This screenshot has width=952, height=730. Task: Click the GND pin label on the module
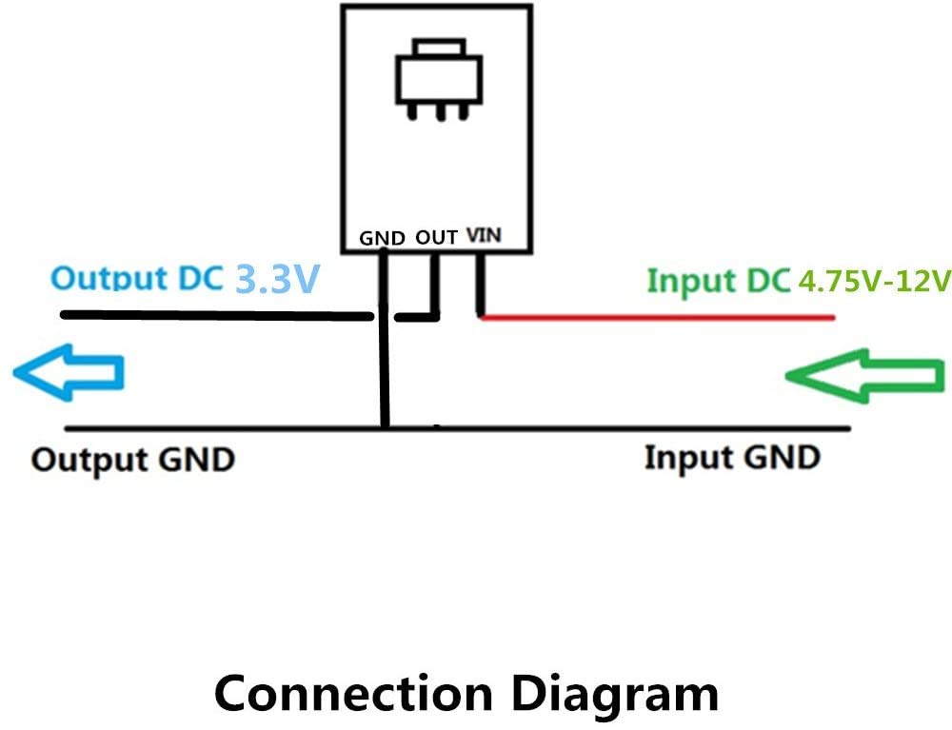click(383, 238)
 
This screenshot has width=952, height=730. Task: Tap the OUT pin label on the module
click(437, 237)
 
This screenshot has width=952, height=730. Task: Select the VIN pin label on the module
click(485, 235)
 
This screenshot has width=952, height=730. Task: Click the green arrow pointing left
click(863, 376)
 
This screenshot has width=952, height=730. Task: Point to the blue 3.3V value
click(274, 280)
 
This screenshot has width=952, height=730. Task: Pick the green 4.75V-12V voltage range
click(875, 282)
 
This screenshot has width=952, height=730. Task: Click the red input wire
click(657, 317)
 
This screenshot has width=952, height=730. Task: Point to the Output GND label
click(132, 460)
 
